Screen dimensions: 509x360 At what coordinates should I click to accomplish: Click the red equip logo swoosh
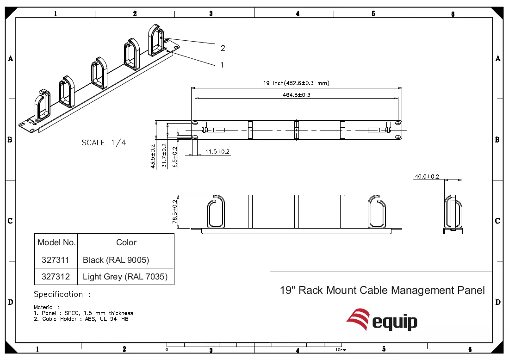pos(358,319)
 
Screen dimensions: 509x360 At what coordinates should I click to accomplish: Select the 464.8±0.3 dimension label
pos(296,95)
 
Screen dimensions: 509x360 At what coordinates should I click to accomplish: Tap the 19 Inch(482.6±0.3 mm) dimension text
pos(296,83)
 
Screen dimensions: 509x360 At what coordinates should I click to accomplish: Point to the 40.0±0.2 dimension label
pos(427,177)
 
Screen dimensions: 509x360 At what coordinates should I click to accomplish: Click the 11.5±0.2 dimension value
pos(217,152)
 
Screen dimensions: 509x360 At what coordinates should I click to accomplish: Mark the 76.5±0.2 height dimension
pos(175,211)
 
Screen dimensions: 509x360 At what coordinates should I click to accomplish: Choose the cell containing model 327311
pos(56,260)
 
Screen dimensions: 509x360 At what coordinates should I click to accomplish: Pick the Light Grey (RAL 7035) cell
pos(125,277)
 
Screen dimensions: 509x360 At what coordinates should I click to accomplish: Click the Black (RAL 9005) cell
pos(125,260)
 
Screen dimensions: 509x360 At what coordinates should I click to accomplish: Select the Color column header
pos(126,242)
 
